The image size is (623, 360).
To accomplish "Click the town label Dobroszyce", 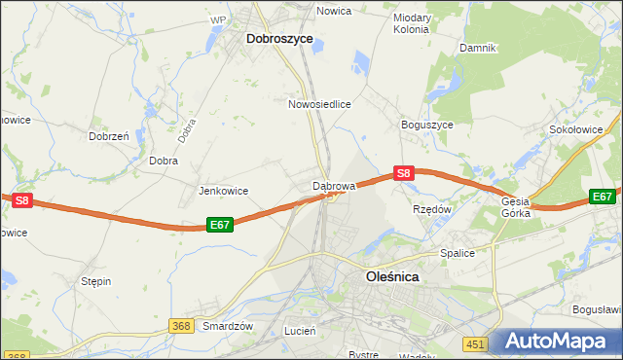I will [279, 39].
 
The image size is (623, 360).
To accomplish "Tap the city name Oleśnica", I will [392, 276].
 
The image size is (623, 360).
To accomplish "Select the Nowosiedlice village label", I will [319, 103].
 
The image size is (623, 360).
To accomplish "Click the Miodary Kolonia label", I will [412, 23].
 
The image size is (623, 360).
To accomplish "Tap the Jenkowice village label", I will [223, 191].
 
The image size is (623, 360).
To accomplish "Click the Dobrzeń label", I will [109, 137].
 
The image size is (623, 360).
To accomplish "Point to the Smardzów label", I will [228, 326].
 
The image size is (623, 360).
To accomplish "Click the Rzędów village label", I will [432, 209].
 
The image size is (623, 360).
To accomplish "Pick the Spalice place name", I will [457, 253].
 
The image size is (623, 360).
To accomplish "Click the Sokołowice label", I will [584, 128].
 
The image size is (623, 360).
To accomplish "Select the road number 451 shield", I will [474, 343].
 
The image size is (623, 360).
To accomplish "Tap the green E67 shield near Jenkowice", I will [220, 225].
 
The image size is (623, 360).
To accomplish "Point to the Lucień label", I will [300, 331].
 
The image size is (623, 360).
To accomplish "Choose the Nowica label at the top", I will [333, 11].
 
